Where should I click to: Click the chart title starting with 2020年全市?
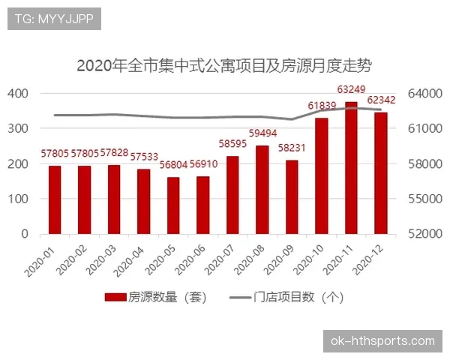click(x=224, y=65)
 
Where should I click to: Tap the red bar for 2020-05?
click(x=174, y=205)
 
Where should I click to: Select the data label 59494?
click(x=262, y=134)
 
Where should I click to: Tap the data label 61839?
click(x=322, y=106)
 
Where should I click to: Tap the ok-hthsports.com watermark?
click(x=382, y=341)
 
